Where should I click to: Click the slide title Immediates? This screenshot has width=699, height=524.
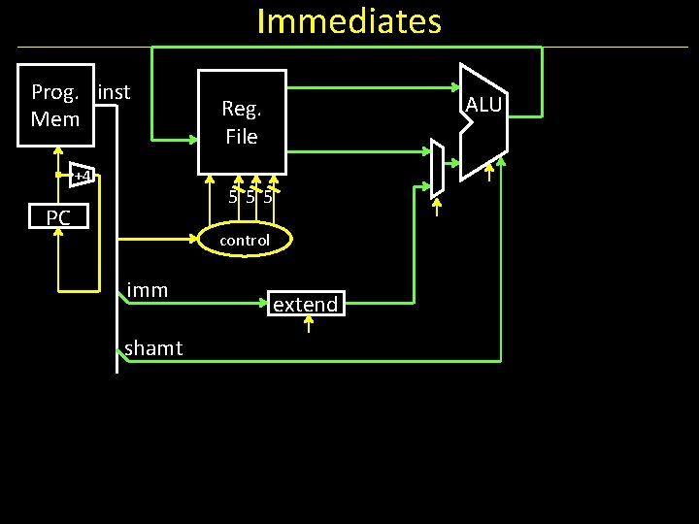pyautogui.click(x=349, y=20)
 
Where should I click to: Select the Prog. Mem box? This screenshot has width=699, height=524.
pyautogui.click(x=56, y=106)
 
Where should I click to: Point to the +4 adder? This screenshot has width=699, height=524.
pyautogui.click(x=82, y=175)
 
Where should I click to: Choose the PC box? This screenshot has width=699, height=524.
pyautogui.click(x=58, y=217)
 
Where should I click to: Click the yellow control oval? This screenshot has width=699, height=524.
pyautogui.click(x=244, y=240)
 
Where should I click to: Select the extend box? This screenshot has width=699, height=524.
pyautogui.click(x=305, y=305)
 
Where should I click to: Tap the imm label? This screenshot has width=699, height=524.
pyautogui.click(x=147, y=290)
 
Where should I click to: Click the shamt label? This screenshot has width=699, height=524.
pyautogui.click(x=153, y=348)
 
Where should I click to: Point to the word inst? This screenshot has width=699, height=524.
pyautogui.click(x=114, y=92)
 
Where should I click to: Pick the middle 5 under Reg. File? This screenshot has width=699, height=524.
pyautogui.click(x=250, y=198)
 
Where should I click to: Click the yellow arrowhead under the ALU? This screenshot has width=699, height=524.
pyautogui.click(x=490, y=176)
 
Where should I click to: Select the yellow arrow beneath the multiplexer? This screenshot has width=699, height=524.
pyautogui.click(x=436, y=207)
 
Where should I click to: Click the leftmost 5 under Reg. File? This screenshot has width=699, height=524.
pyautogui.click(x=233, y=198)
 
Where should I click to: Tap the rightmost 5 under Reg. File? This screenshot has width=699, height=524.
pyautogui.click(x=268, y=198)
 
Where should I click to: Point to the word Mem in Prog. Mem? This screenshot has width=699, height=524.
pyautogui.click(x=55, y=118)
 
